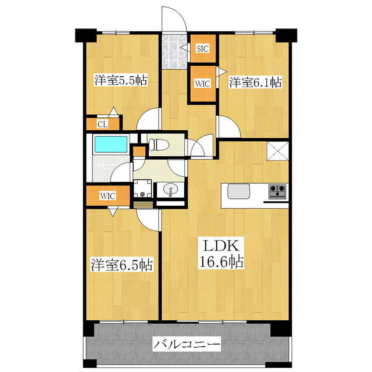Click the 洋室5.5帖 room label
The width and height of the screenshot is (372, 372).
click(120, 81)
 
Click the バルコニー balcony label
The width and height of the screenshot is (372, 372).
click(187, 345)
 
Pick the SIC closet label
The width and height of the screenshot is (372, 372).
click(203, 49)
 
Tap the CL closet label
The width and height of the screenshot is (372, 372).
click(102, 124)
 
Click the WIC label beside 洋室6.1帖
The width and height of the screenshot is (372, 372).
click(202, 83)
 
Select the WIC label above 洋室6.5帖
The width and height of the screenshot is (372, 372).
click(108, 196)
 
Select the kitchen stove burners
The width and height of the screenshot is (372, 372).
click(276, 190)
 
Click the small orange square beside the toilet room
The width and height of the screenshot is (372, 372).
click(139, 152)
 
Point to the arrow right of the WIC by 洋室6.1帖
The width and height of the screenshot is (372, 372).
click(221, 71)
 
